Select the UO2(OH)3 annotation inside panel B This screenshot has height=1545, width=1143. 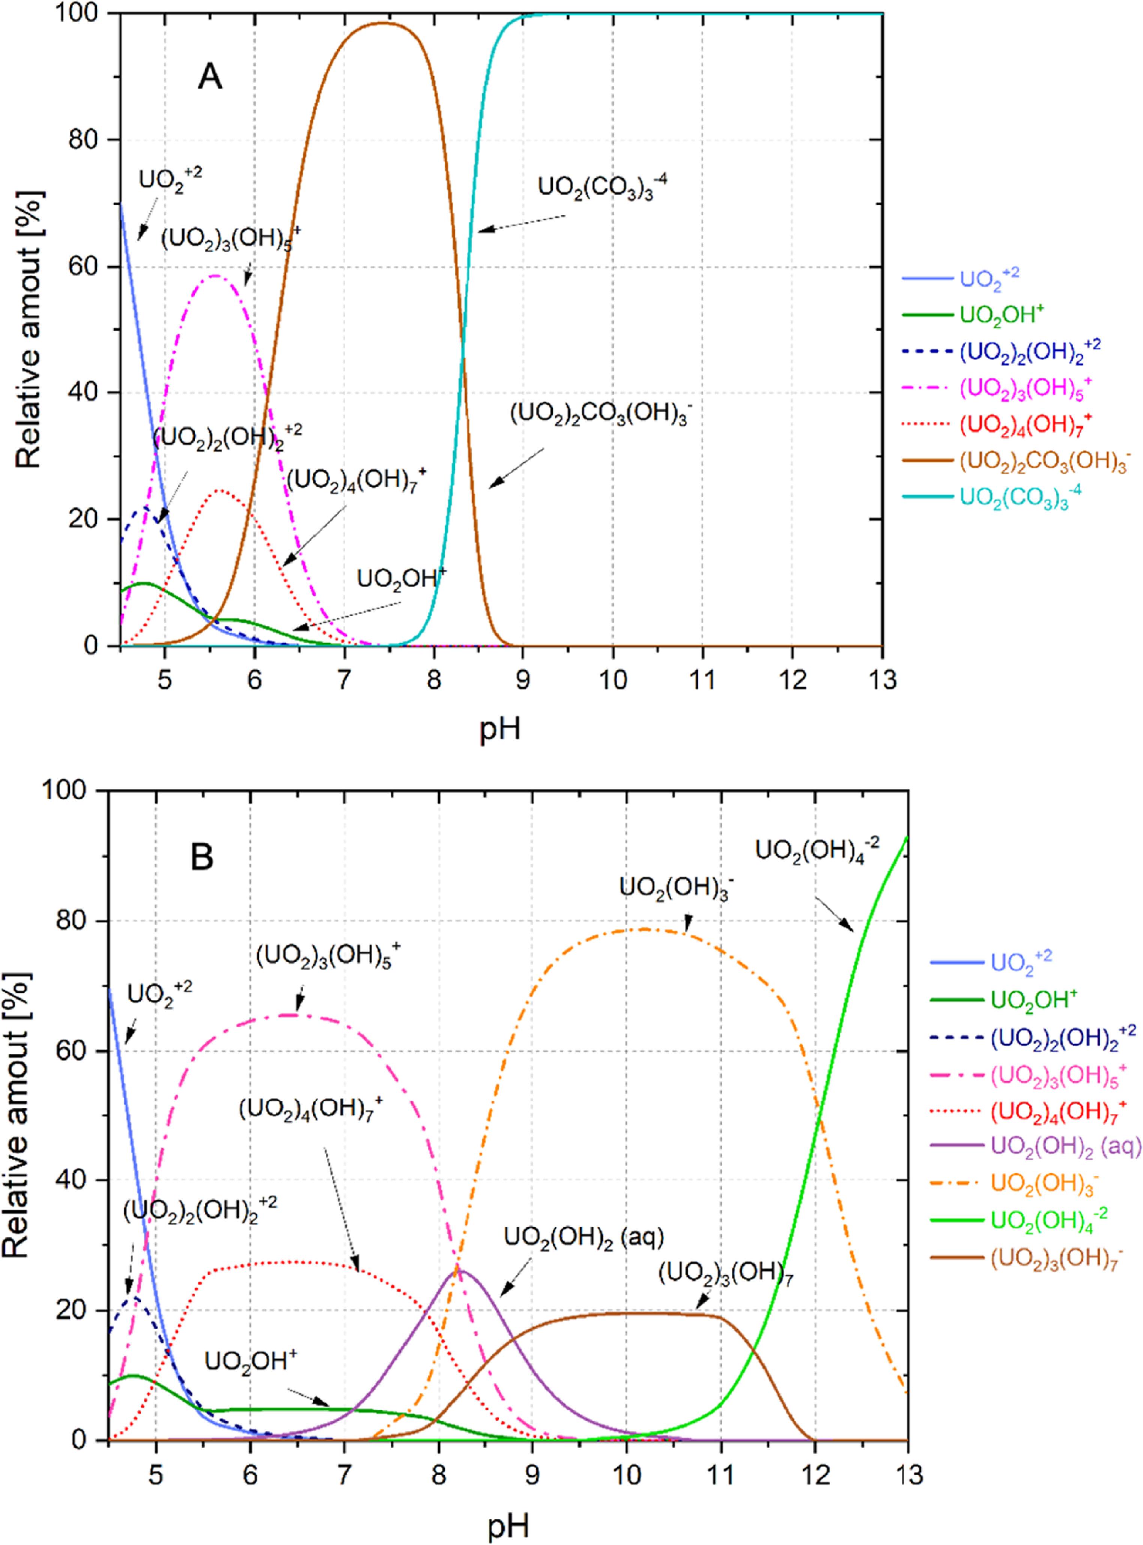tap(675, 890)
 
